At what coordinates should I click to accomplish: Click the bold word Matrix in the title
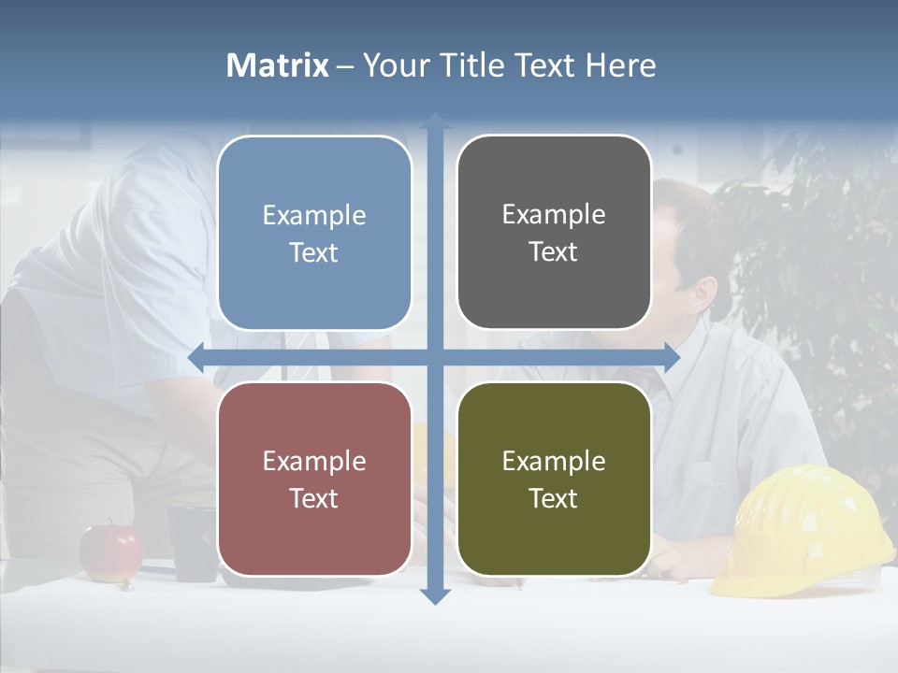(x=278, y=65)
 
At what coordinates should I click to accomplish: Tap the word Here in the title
(x=620, y=65)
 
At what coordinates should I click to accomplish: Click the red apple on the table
(x=109, y=552)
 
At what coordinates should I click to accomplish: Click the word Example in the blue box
(x=314, y=216)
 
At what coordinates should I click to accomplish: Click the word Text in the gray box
(x=554, y=252)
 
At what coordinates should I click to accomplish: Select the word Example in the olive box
(x=554, y=462)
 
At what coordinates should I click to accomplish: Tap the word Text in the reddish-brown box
(x=314, y=499)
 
